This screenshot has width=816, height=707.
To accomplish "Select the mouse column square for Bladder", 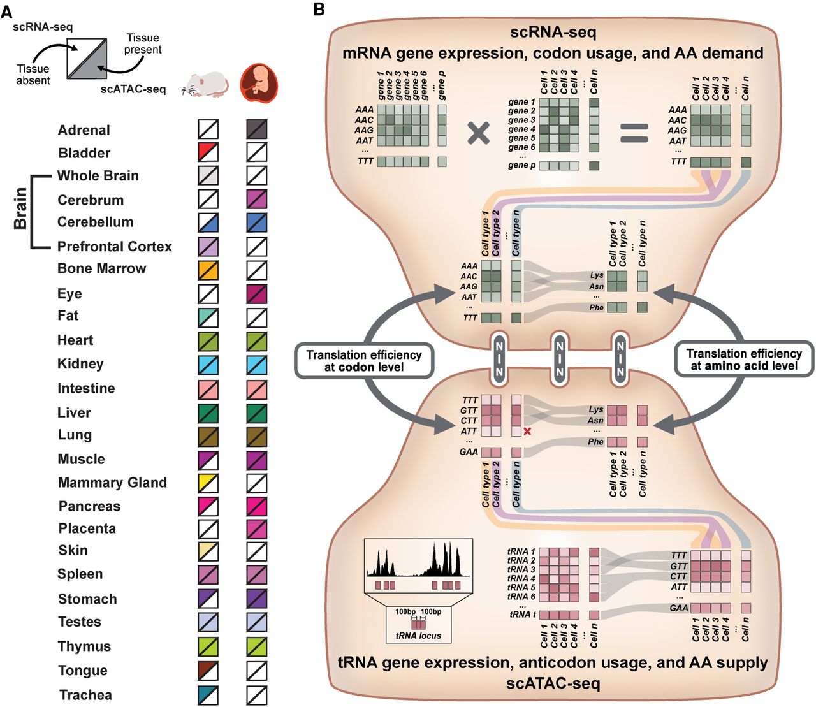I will click(x=208, y=152).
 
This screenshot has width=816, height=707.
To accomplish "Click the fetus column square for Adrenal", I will click(x=256, y=129).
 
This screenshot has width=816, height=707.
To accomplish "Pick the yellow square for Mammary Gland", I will click(x=208, y=483).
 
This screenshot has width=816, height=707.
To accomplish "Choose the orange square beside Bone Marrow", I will click(x=208, y=269).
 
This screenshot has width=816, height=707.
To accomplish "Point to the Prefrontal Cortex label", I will click(x=115, y=246).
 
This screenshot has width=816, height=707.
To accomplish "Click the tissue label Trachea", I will click(x=85, y=695).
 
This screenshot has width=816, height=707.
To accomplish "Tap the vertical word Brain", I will click(x=20, y=208).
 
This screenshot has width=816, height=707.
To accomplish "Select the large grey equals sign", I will click(x=634, y=133).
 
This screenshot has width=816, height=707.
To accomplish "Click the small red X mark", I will click(x=527, y=432).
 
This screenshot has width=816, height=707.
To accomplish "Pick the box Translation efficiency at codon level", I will click(x=363, y=361).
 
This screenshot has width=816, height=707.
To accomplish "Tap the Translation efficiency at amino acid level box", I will click(x=743, y=360).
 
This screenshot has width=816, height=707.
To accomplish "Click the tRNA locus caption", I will click(x=418, y=636).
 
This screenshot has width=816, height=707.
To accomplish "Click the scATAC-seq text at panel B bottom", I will click(x=553, y=683).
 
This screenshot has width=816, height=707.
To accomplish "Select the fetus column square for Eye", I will click(x=256, y=294).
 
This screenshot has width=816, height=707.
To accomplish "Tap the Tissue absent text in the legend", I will click(x=33, y=75).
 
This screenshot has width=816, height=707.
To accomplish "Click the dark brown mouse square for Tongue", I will click(x=208, y=671).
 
